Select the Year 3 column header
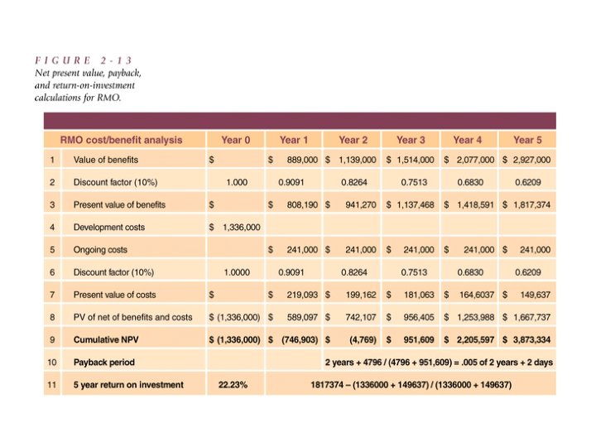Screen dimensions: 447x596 [x=411, y=139]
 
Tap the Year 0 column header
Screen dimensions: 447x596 [x=235, y=139]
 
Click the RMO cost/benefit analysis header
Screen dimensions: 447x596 [x=121, y=139]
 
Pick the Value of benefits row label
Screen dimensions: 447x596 [x=106, y=160]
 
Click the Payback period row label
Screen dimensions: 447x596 [x=103, y=363]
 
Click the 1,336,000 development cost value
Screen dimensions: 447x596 [x=241, y=227]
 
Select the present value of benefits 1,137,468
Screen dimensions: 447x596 [x=415, y=204]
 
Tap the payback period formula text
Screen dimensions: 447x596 [x=439, y=363]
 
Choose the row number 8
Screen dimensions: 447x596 [x=51, y=317]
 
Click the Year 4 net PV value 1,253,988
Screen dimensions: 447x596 [x=473, y=317]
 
